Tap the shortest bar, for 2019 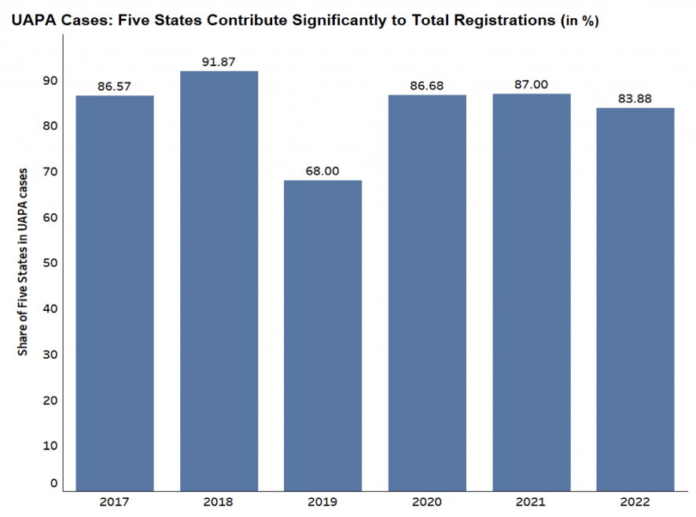click(323, 335)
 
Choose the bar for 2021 click(532, 292)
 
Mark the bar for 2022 click(635, 299)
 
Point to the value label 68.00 click(323, 170)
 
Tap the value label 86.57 click(115, 86)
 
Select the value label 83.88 click(635, 98)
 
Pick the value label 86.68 click(427, 85)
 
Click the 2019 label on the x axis click(323, 501)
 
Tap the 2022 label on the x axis click(635, 501)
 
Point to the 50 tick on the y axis click(50, 263)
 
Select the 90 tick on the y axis click(50, 81)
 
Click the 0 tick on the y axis click(53, 483)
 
